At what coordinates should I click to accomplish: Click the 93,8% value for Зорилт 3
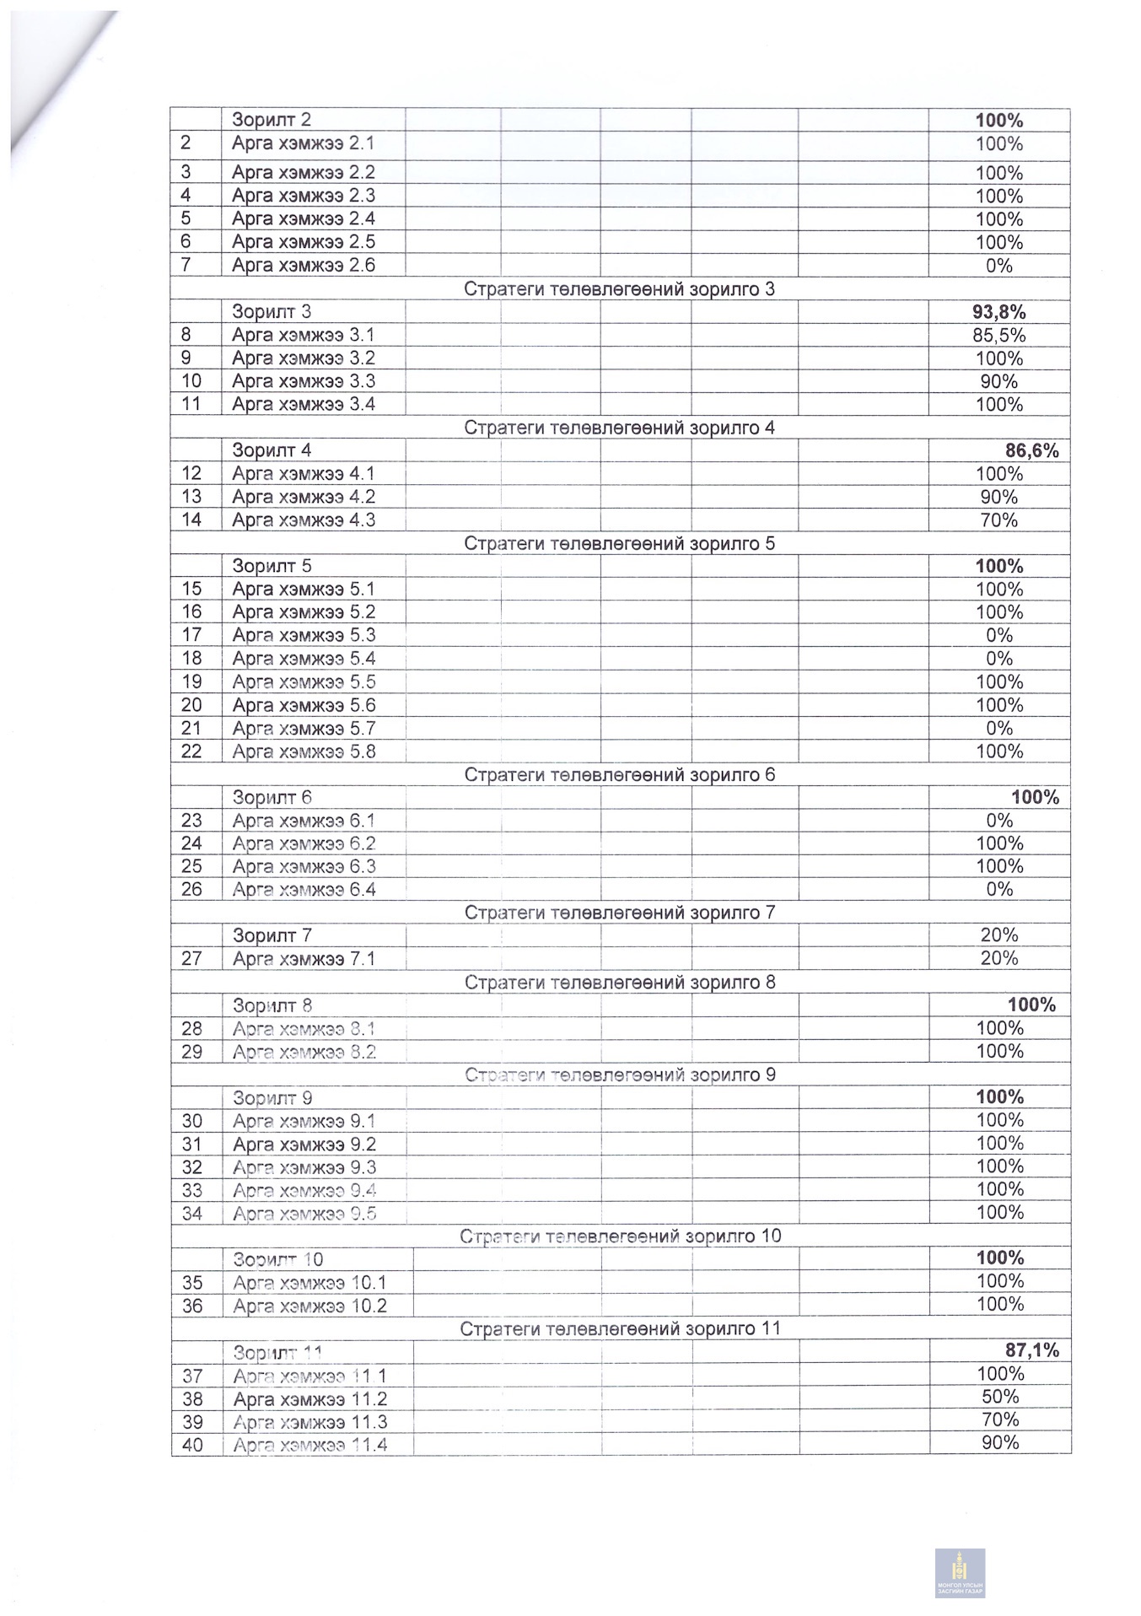tap(998, 312)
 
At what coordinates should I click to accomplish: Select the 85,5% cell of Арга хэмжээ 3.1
tap(998, 336)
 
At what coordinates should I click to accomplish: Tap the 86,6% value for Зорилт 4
tap(1031, 450)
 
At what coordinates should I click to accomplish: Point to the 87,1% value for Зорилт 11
tap(1031, 1350)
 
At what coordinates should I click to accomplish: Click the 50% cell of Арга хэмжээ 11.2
tap(1000, 1397)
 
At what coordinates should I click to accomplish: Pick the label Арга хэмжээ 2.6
tap(303, 266)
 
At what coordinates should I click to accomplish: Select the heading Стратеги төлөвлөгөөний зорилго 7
tap(620, 913)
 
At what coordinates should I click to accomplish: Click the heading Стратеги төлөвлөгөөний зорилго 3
tap(620, 289)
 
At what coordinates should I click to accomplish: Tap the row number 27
tap(191, 959)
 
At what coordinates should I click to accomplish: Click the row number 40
tap(192, 1445)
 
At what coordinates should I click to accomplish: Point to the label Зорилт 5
tap(272, 566)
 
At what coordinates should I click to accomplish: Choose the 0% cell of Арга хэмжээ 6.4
tap(999, 890)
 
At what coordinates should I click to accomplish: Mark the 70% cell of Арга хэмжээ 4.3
tap(999, 520)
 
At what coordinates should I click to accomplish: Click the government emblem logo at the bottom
tap(959, 1573)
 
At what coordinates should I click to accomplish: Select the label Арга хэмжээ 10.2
tap(309, 1306)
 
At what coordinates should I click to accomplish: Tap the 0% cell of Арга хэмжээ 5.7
tap(999, 729)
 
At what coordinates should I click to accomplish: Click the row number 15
tap(191, 590)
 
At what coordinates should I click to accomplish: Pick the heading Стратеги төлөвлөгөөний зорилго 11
tap(620, 1328)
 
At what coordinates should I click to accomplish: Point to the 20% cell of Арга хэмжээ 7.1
tap(999, 958)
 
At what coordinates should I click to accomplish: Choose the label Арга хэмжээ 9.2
tap(304, 1145)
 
